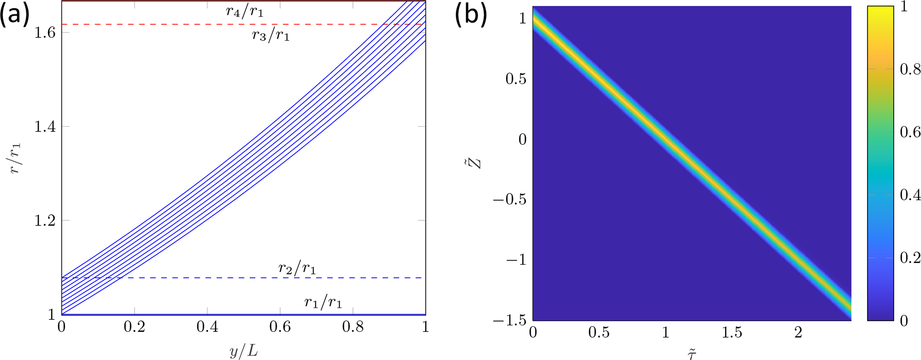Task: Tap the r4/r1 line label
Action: [x=245, y=11]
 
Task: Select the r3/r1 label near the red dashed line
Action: [x=271, y=35]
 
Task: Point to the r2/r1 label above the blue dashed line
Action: [x=297, y=268]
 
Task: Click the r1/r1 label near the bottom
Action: [x=323, y=303]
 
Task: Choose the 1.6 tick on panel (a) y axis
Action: [x=45, y=33]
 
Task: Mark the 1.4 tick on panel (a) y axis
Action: [x=45, y=127]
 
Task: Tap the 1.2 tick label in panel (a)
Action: [x=45, y=221]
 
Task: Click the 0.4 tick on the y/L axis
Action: [x=207, y=327]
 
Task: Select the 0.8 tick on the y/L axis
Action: [x=353, y=327]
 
